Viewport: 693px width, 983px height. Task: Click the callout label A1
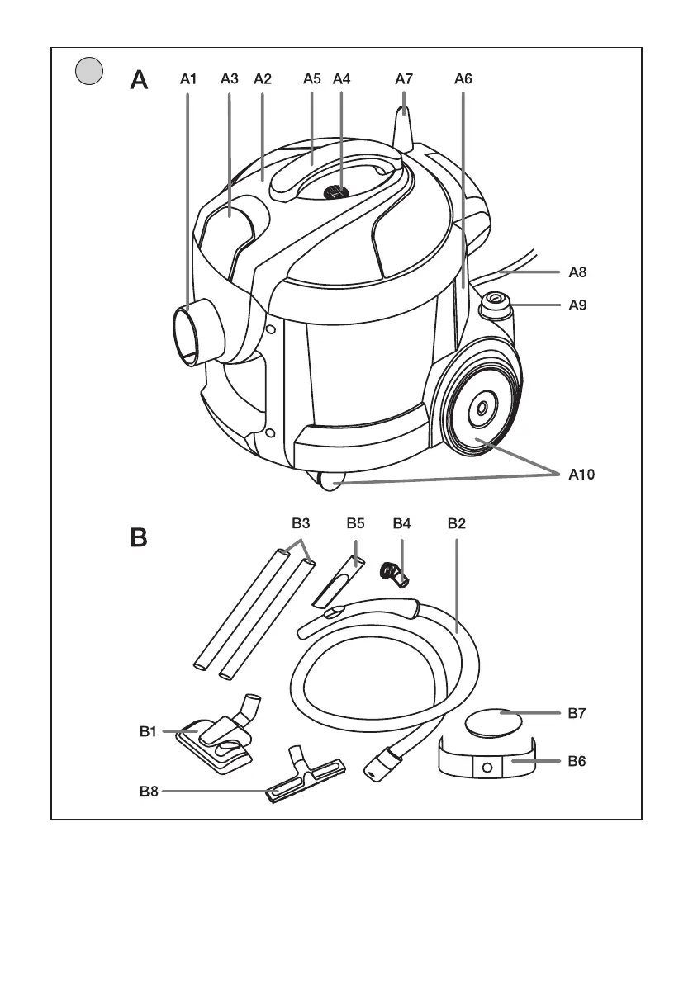click(188, 80)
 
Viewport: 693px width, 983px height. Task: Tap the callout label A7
click(403, 80)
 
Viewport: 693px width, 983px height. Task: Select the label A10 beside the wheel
click(581, 475)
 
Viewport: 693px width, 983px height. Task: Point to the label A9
click(578, 305)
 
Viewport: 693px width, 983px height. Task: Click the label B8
click(150, 792)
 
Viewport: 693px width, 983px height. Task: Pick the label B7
click(578, 713)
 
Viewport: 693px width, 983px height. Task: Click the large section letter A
click(139, 80)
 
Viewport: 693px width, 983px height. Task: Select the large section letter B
click(139, 538)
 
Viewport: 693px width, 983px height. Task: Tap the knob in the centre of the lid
click(335, 191)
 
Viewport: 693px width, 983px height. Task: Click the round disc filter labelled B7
click(493, 723)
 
